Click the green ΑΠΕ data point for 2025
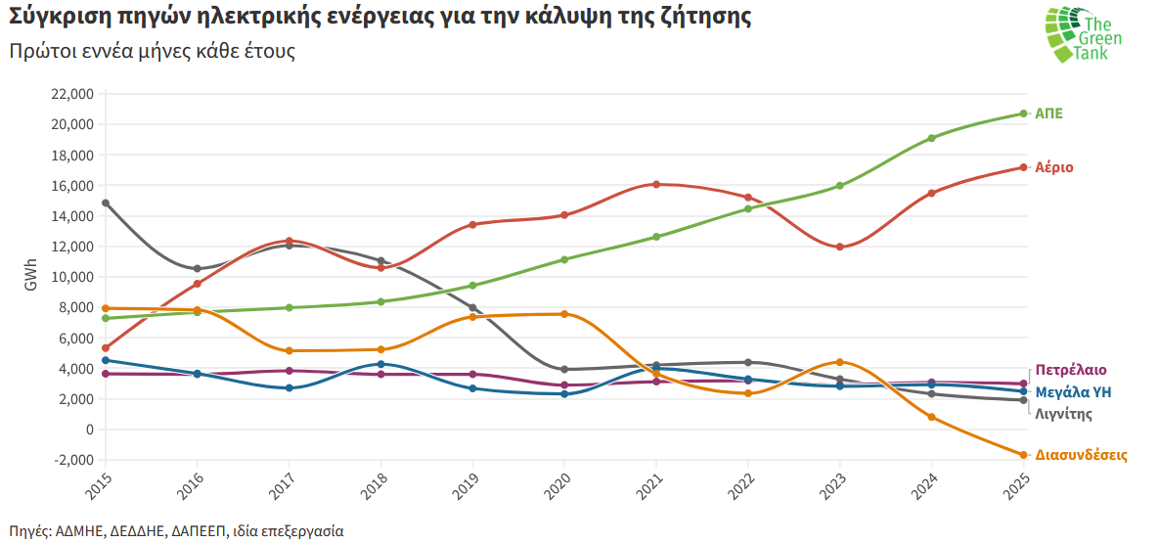tap(1023, 113)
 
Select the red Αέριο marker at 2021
tap(656, 184)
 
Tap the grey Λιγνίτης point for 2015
tap(106, 203)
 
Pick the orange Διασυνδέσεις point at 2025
tap(1023, 455)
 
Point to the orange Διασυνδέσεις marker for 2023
tap(839, 362)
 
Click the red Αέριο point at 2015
tap(106, 347)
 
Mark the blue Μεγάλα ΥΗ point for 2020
tap(564, 393)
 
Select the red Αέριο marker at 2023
tap(839, 247)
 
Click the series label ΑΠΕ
tap(1049, 113)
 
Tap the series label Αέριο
tap(1054, 167)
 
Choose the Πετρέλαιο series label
tap(1070, 370)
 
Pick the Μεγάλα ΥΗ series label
tap(1073, 392)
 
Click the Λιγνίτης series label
tap(1063, 414)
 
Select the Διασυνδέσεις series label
tap(1081, 455)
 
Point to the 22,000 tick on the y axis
tap(70, 94)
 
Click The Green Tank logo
tap(1081, 36)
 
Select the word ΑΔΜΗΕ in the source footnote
tap(79, 531)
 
